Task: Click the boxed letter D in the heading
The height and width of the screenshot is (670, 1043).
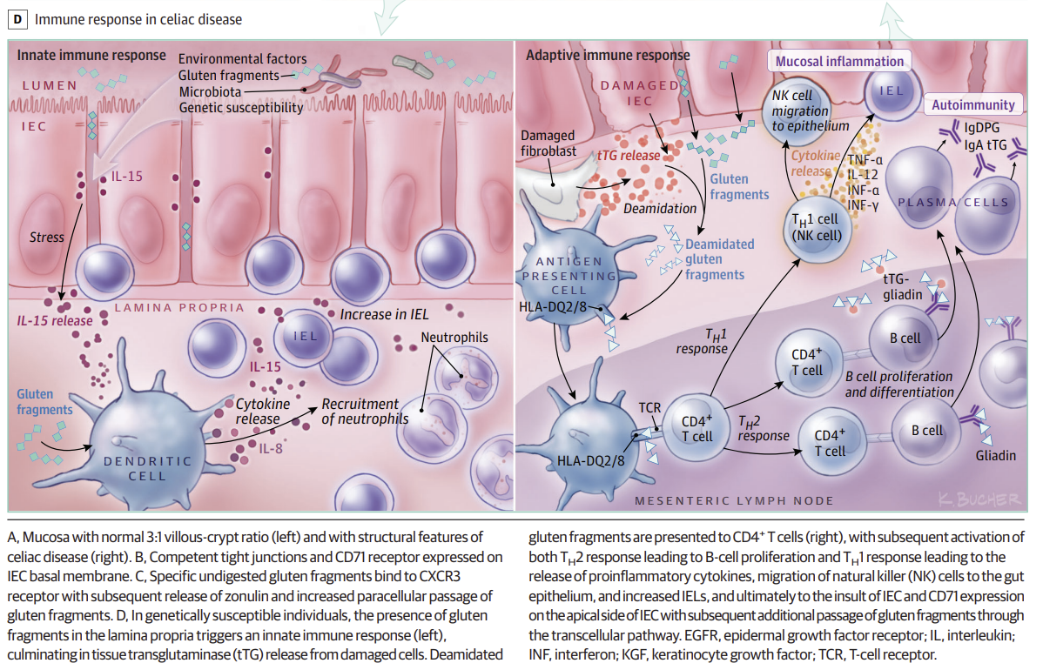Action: click(18, 18)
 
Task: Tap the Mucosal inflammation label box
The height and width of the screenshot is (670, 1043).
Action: click(839, 62)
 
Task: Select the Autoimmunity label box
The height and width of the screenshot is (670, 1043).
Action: click(972, 105)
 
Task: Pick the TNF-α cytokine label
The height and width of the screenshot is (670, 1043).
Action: click(865, 159)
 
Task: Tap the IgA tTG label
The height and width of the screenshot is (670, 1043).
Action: click(992, 144)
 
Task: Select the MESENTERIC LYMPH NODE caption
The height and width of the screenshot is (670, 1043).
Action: click(734, 500)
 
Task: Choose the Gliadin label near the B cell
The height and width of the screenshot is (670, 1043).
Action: click(995, 456)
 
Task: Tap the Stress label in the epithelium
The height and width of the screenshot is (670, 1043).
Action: click(47, 237)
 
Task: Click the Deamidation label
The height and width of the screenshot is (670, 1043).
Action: click(661, 209)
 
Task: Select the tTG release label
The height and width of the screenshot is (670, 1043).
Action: click(628, 155)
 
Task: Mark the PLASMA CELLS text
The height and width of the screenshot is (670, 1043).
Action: click(952, 203)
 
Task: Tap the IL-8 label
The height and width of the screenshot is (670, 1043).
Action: click(272, 449)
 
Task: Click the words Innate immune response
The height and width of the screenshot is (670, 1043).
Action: click(91, 55)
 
